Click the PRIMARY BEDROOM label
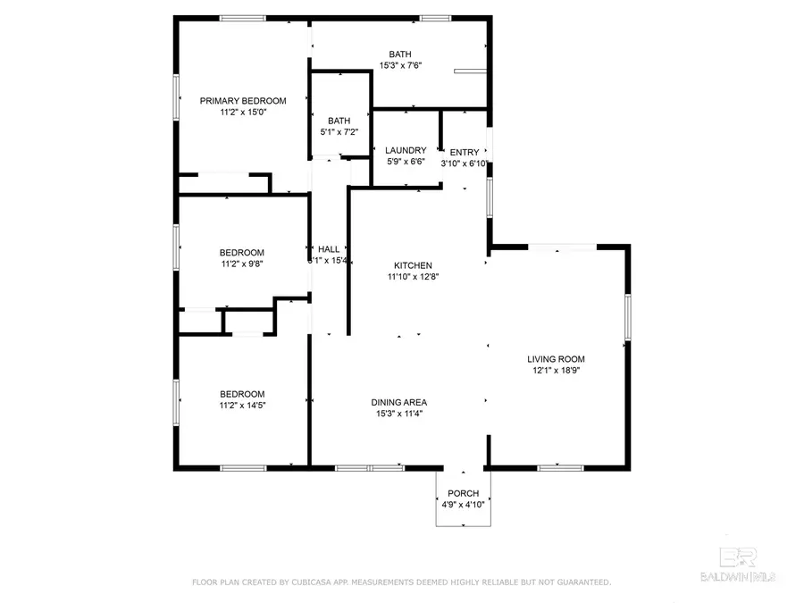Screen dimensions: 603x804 click(x=243, y=101)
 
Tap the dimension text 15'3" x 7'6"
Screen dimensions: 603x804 click(x=400, y=65)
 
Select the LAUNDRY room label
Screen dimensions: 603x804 click(x=406, y=151)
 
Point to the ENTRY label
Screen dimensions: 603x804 click(x=465, y=152)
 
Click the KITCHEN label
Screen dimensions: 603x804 click(x=414, y=265)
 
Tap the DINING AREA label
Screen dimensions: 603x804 click(x=398, y=402)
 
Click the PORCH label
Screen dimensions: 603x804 click(x=463, y=493)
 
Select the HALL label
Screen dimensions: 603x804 click(x=329, y=249)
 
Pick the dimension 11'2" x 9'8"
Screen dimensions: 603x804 click(x=242, y=264)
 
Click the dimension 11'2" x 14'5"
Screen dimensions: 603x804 click(x=243, y=405)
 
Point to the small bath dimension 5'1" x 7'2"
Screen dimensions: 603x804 click(x=339, y=132)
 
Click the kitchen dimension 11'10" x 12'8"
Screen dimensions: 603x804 click(x=414, y=276)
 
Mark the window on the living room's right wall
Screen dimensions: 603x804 click(x=627, y=320)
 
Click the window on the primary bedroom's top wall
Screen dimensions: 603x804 click(x=243, y=18)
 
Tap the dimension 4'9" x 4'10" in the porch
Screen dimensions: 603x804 click(x=463, y=505)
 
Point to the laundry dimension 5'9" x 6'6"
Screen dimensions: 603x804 click(x=406, y=163)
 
